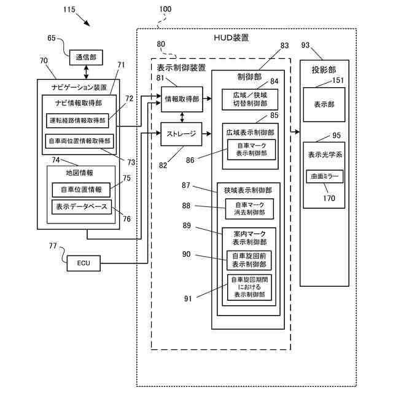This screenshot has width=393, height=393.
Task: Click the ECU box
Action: pyautogui.click(x=84, y=263)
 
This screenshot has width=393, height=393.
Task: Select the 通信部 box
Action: pyautogui.click(x=87, y=57)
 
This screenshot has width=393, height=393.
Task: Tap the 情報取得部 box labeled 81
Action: pyautogui.click(x=181, y=99)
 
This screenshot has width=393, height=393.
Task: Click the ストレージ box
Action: pyautogui.click(x=181, y=133)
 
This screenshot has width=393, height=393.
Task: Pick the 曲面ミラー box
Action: pyautogui.click(x=324, y=177)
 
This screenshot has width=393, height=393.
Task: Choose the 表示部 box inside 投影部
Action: pyautogui.click(x=324, y=104)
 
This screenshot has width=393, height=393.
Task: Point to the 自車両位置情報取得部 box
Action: pyautogui.click(x=79, y=141)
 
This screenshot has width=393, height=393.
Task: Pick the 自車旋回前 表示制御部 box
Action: pyautogui.click(x=249, y=260)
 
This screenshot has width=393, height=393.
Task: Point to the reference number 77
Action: pyautogui.click(x=53, y=246)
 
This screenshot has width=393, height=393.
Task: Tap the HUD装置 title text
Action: pyautogui.click(x=231, y=38)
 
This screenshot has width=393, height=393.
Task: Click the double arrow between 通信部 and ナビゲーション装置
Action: pyautogui.click(x=87, y=72)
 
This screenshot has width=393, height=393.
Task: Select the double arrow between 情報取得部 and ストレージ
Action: pyautogui.click(x=181, y=117)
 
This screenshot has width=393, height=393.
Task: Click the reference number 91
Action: pyautogui.click(x=187, y=298)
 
